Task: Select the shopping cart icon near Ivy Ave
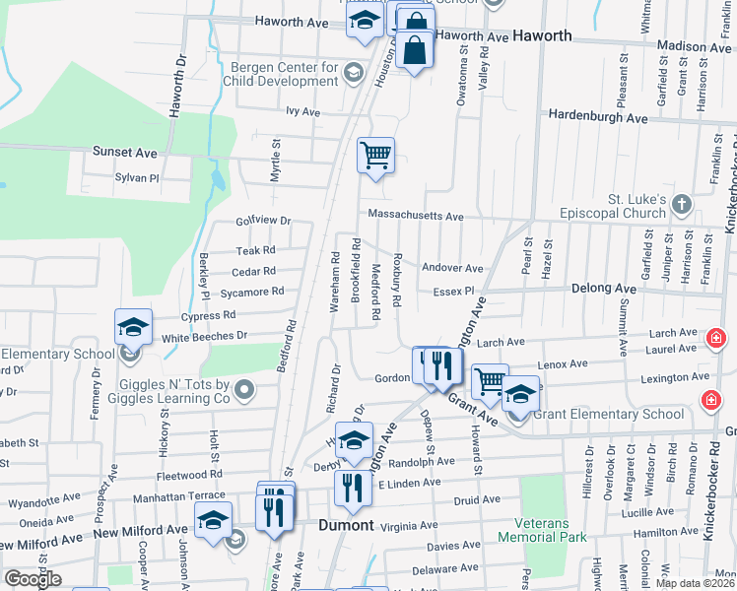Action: click(375, 155)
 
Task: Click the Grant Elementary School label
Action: click(608, 414)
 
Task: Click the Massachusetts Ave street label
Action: click(415, 216)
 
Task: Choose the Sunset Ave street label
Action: click(124, 153)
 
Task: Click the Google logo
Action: click(33, 579)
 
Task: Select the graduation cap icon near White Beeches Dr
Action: click(134, 327)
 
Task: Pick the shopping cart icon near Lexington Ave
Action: click(489, 381)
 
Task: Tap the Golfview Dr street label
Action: click(263, 222)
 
